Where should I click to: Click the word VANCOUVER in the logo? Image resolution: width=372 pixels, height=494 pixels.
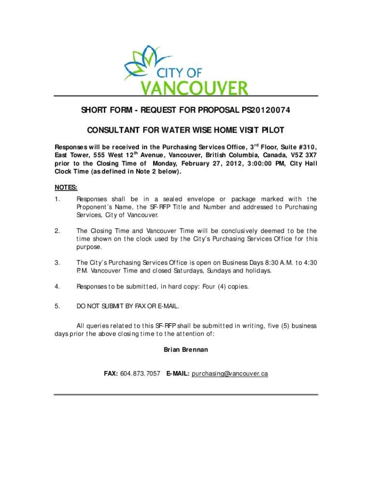(194, 88)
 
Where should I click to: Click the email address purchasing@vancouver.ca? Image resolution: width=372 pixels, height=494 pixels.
(229, 374)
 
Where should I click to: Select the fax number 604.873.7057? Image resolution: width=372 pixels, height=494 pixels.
(141, 374)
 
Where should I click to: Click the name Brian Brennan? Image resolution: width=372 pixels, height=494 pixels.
(186, 349)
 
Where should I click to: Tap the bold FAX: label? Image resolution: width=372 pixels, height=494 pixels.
(111, 374)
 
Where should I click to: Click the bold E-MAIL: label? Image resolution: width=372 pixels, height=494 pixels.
(177, 374)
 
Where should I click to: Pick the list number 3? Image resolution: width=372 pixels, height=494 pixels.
(57, 262)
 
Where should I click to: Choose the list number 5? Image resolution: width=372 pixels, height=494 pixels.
(57, 306)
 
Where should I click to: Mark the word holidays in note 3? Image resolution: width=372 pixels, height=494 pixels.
(258, 271)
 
